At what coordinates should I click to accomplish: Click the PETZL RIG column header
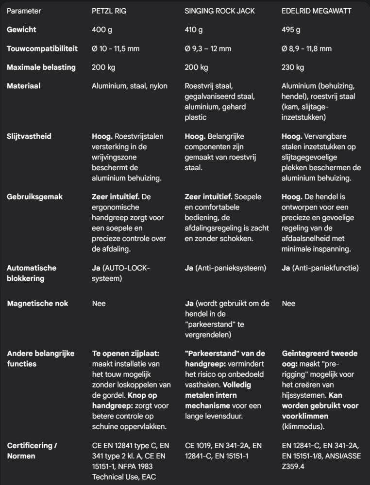click(x=109, y=11)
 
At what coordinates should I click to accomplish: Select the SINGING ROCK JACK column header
click(x=220, y=11)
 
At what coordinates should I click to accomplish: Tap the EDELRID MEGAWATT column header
click(x=317, y=11)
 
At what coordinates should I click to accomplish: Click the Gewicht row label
click(x=21, y=30)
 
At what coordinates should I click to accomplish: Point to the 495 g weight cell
click(x=291, y=30)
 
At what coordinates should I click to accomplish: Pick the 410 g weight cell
click(x=194, y=30)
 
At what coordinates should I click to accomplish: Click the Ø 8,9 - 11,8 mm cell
click(x=307, y=48)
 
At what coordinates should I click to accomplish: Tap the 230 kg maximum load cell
click(x=293, y=67)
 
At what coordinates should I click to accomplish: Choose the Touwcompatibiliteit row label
click(x=41, y=48)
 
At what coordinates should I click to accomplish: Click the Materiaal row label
click(x=23, y=86)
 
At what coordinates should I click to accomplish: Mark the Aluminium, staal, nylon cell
click(x=130, y=86)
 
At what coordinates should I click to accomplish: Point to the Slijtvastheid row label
click(x=29, y=136)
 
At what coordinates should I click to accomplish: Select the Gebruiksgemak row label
click(x=34, y=197)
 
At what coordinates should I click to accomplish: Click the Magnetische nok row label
click(x=37, y=304)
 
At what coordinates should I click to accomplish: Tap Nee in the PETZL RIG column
click(x=99, y=304)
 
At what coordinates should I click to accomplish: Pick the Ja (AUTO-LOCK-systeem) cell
click(x=121, y=273)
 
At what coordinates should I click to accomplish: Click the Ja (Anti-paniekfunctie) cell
click(x=320, y=268)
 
